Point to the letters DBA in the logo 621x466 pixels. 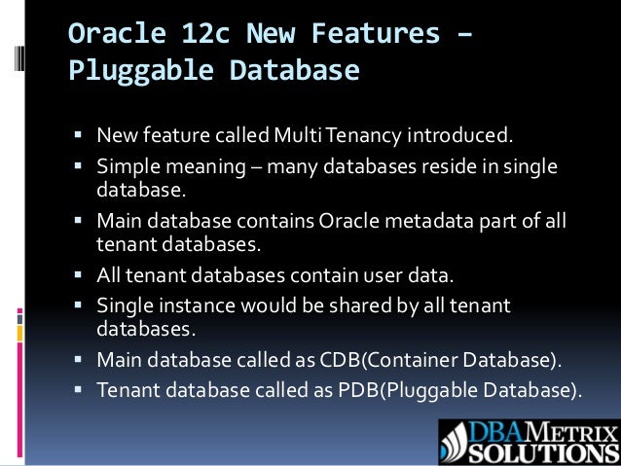click(497, 431)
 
